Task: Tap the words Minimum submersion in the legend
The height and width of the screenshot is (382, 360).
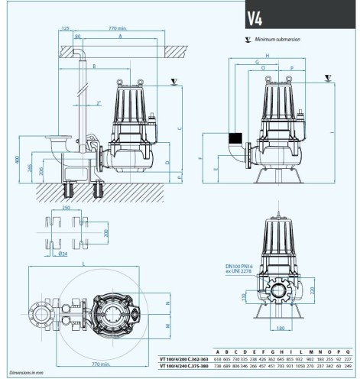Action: [x=280, y=37]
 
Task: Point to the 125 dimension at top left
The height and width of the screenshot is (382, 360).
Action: [x=65, y=29]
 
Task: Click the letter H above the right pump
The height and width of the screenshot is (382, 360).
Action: [x=268, y=55]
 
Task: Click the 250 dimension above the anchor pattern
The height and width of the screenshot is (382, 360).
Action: [x=66, y=207]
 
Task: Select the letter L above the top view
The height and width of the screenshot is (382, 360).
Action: [x=82, y=264]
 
